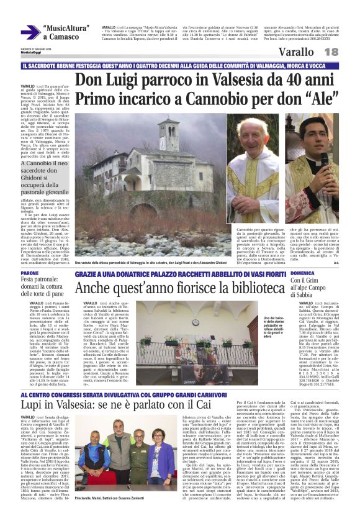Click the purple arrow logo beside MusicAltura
(x=30, y=32)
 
